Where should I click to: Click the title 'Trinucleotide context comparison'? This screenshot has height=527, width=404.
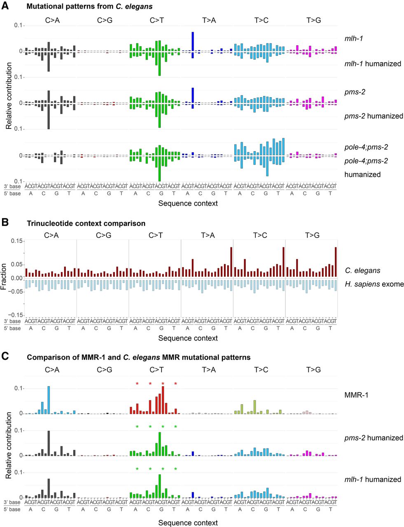(x=86, y=224)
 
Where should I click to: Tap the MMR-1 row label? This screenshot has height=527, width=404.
(x=356, y=395)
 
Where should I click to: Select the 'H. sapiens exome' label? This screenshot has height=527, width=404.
(x=374, y=284)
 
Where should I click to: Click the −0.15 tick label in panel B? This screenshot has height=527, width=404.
(x=16, y=315)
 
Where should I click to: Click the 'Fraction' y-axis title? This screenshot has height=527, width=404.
(x=4, y=277)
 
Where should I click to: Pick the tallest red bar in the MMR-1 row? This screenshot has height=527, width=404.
(x=163, y=400)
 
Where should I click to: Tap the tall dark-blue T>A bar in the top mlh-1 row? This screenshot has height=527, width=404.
(x=193, y=42)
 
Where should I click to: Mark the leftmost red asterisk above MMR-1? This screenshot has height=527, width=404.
(x=137, y=384)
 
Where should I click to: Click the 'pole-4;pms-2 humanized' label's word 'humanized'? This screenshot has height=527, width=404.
(x=362, y=175)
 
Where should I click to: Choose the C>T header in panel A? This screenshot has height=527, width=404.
(x=156, y=20)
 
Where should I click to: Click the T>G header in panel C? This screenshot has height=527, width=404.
(x=313, y=370)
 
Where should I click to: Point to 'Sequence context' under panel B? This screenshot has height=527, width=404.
(x=188, y=338)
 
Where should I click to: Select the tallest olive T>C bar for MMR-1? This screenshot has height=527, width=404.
(x=255, y=407)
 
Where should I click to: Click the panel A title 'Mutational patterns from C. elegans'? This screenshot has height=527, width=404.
(x=89, y=6)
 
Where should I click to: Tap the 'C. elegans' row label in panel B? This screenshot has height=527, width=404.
(x=362, y=270)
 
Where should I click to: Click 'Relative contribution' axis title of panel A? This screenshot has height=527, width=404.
(x=9, y=96)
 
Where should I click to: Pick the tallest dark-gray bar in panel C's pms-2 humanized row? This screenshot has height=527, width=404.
(x=49, y=443)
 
